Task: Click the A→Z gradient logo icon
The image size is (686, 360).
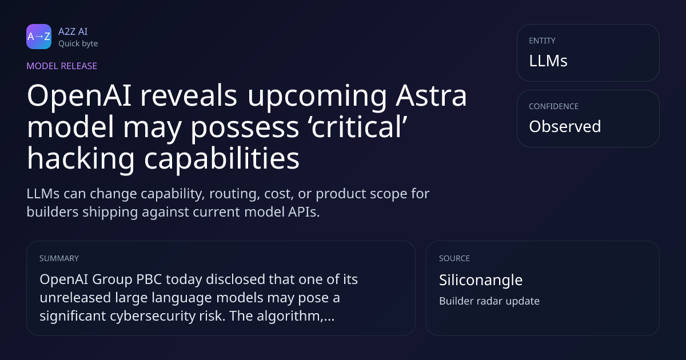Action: (39, 37)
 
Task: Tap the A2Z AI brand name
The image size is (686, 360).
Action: (73, 31)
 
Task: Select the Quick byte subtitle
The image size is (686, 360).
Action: (78, 44)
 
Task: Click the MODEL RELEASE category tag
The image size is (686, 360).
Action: (62, 66)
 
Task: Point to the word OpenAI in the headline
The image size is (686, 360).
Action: (79, 96)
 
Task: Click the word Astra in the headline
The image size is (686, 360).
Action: (431, 95)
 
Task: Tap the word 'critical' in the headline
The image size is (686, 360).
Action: (359, 127)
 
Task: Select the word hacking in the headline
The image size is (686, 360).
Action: (81, 159)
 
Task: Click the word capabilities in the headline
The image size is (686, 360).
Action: (222, 159)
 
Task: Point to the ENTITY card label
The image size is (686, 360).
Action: (542, 41)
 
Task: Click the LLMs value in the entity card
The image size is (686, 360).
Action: (548, 61)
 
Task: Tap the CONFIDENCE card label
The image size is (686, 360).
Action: (554, 106)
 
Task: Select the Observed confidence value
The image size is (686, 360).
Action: (565, 126)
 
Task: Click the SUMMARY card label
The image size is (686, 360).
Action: (59, 258)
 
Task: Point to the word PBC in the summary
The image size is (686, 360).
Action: (149, 279)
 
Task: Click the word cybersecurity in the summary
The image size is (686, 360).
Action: (153, 316)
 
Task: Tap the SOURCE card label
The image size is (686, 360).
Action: (454, 258)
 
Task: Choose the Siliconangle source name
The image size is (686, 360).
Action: (481, 280)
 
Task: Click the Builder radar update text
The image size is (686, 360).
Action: (489, 301)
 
